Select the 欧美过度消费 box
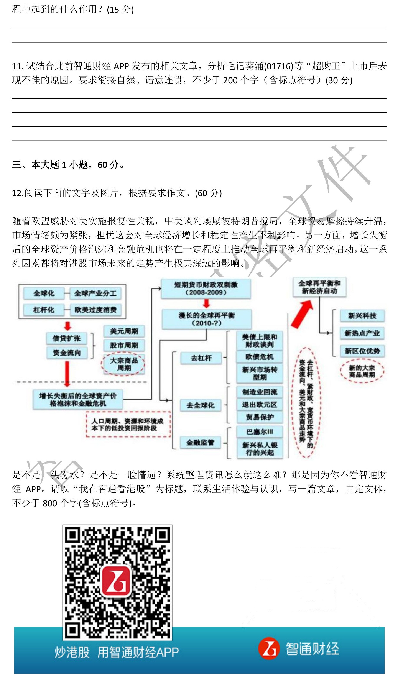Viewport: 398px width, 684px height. click(95, 310)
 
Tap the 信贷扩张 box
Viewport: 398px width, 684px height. click(67, 338)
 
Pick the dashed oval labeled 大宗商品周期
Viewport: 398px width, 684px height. click(123, 364)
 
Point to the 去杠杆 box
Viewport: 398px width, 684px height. click(201, 358)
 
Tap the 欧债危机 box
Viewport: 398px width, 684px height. click(259, 357)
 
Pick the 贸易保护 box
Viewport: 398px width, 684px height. click(260, 417)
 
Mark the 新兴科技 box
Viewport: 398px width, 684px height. click(362, 316)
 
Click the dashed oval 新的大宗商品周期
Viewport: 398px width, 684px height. click(362, 371)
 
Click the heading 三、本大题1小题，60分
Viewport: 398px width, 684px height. click(68, 165)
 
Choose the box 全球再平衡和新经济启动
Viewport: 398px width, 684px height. click(319, 287)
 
